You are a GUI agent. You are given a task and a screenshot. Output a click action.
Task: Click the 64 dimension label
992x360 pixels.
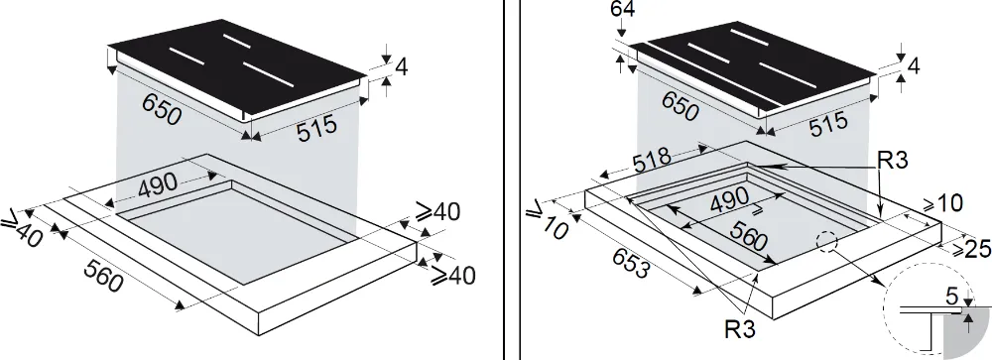coord(623,10)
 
